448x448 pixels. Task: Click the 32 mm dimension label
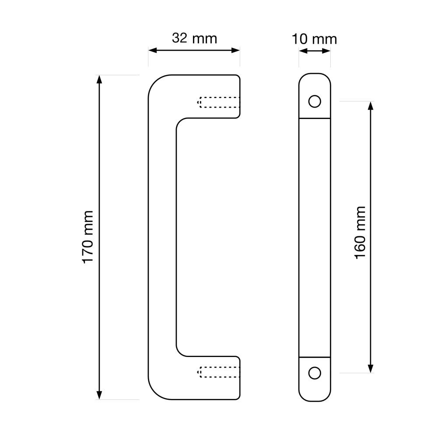pyautogui.click(x=195, y=38)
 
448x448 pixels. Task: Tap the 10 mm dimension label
pyautogui.click(x=314, y=39)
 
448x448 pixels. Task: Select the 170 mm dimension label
pyautogui.click(x=87, y=237)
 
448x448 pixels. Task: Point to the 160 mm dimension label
pyautogui.click(x=360, y=233)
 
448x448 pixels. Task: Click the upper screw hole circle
pyautogui.click(x=315, y=101)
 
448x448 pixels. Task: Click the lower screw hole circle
pyautogui.click(x=315, y=373)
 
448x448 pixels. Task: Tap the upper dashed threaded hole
pyautogui.click(x=219, y=102)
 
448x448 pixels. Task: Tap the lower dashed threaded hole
pyautogui.click(x=219, y=372)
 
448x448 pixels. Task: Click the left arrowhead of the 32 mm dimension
pyautogui.click(x=153, y=51)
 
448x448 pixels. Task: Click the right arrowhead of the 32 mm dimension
pyautogui.click(x=235, y=51)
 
